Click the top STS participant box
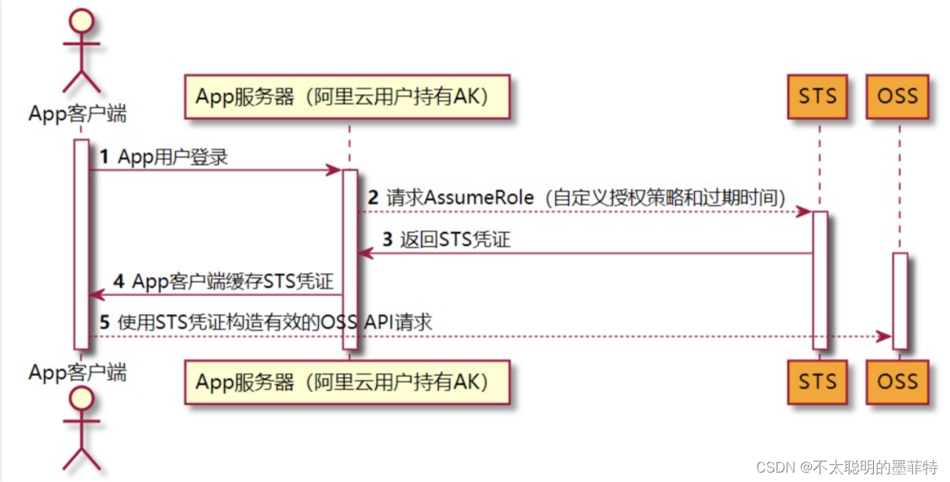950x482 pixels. (817, 97)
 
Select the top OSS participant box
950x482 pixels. (897, 97)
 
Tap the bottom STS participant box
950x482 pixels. (817, 382)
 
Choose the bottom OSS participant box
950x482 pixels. (897, 382)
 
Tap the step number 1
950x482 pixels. (104, 158)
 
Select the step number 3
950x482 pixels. (387, 239)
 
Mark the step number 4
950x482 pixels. (119, 281)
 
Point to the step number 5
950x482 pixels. (104, 322)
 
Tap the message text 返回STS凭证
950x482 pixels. (455, 239)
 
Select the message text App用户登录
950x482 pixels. (173, 158)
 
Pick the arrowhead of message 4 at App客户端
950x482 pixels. (96, 295)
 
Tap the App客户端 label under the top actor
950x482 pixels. (77, 114)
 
